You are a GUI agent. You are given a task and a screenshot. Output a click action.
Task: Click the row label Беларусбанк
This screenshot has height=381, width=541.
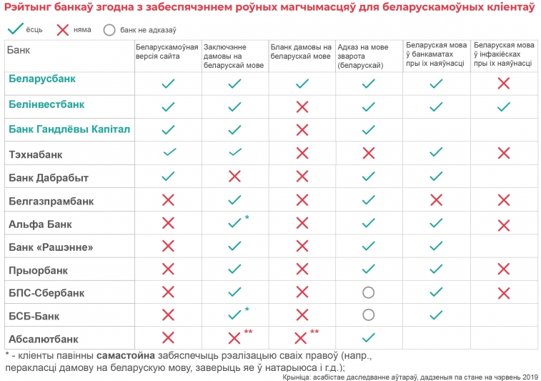pyautogui.click(x=42, y=79)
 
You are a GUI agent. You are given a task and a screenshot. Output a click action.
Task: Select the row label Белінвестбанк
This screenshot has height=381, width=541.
pyautogui.click(x=46, y=104)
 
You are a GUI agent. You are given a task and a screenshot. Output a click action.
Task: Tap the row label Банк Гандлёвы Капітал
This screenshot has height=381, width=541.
pyautogui.click(x=69, y=129)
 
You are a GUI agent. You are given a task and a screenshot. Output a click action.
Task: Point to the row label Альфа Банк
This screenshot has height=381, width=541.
pyautogui.click(x=40, y=224)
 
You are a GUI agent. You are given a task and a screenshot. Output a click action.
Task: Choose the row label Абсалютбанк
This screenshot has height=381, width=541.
pyautogui.click(x=43, y=339)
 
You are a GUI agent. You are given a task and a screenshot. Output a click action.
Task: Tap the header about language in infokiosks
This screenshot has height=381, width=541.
pyautogui.click(x=503, y=54)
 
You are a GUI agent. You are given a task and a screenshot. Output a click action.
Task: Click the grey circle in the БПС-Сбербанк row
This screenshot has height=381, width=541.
pyautogui.click(x=369, y=292)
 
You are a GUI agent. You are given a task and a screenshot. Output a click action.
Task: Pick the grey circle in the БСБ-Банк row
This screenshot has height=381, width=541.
pyautogui.click(x=369, y=315)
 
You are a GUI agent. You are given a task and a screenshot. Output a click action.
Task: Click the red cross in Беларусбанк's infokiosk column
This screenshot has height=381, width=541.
pyautogui.click(x=503, y=83)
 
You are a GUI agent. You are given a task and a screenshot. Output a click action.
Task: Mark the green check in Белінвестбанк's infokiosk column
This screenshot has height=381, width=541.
pyautogui.click(x=503, y=107)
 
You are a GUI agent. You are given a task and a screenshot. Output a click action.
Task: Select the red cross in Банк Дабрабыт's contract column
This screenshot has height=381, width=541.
pyautogui.click(x=234, y=176)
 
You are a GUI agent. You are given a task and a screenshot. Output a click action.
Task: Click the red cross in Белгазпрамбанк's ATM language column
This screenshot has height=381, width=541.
pyautogui.click(x=436, y=199)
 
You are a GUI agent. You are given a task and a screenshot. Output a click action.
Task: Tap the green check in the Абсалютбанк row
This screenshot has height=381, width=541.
pyautogui.click(x=369, y=337)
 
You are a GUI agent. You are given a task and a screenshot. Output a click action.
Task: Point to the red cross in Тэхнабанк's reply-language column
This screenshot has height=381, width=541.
pyautogui.click(x=369, y=152)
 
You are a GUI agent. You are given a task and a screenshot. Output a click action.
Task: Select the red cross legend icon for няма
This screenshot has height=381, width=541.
pyautogui.click(x=63, y=30)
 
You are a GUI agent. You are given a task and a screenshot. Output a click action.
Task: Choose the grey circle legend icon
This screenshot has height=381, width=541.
pyautogui.click(x=109, y=30)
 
